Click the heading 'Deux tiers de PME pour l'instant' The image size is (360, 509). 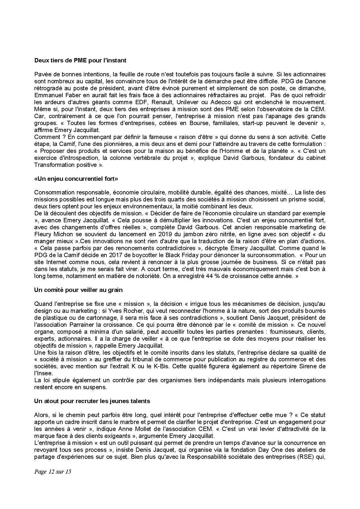coord(80,60)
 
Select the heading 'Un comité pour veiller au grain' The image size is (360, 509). coord(78,290)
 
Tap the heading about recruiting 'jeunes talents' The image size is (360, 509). coord(92,401)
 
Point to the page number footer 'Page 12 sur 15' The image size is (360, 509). coord(53,472)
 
